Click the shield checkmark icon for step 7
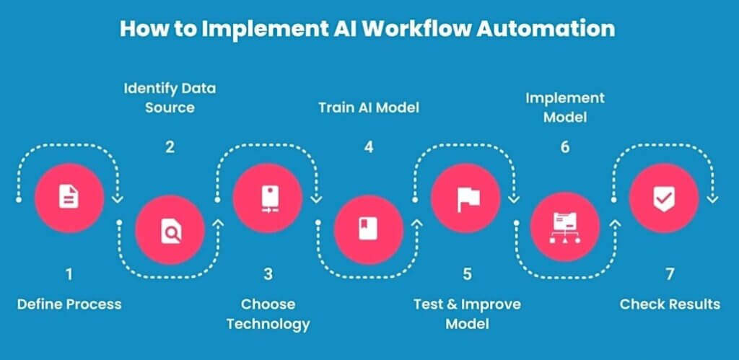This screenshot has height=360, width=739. click(x=664, y=197)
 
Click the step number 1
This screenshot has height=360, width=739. click(x=69, y=274)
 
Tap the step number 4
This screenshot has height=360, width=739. click(x=369, y=147)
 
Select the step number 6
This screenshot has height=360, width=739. click(x=565, y=147)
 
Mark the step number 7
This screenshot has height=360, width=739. click(x=669, y=274)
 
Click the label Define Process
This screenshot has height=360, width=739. click(x=69, y=304)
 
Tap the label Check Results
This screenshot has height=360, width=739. click(x=670, y=304)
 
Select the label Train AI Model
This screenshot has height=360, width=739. click(x=369, y=108)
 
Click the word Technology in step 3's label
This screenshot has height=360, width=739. click(x=268, y=323)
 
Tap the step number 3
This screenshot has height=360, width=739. click(x=268, y=274)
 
